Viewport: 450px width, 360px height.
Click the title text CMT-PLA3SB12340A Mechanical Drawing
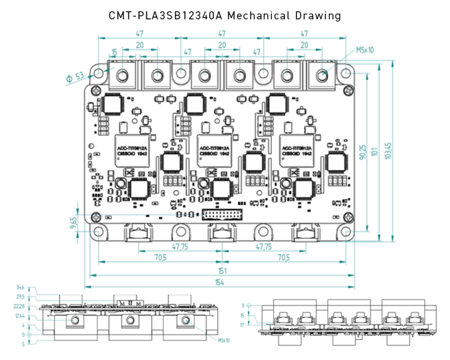click(224, 16)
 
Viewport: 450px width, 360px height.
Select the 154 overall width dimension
click(219, 283)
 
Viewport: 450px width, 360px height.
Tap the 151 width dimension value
click(219, 271)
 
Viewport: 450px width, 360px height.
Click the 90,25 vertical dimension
click(364, 152)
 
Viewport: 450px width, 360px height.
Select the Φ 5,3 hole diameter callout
click(75, 76)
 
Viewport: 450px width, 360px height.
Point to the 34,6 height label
click(21, 288)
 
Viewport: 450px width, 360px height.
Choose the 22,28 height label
click(19, 307)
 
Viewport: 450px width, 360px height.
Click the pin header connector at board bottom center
click(221, 215)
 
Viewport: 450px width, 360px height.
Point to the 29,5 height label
click(21, 297)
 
